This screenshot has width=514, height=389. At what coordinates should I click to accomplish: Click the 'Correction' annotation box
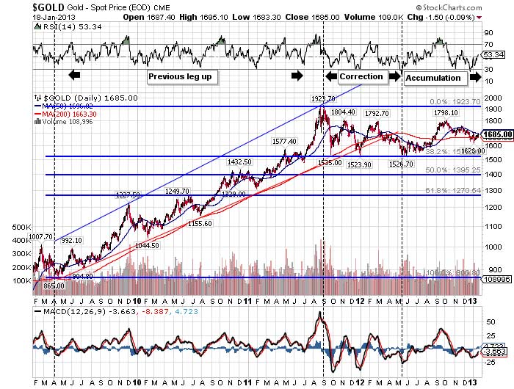coord(361,76)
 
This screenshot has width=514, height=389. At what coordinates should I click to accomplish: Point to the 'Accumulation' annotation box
coord(433,76)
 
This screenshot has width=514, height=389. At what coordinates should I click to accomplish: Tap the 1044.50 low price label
coord(146,245)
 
